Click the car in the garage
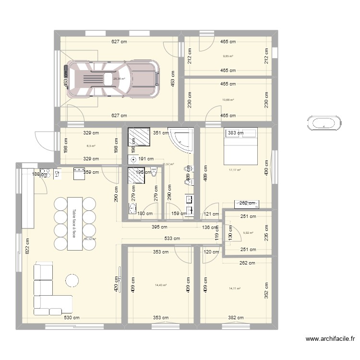[x=111, y=79]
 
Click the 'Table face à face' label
[x=74, y=223]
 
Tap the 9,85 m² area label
[x=228, y=56]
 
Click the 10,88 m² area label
[x=228, y=100]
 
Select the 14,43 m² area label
[x=160, y=285]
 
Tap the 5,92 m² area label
[x=248, y=233]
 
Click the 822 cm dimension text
[x=27, y=246]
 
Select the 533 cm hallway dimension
[x=173, y=239]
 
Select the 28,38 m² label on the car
[x=119, y=79]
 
